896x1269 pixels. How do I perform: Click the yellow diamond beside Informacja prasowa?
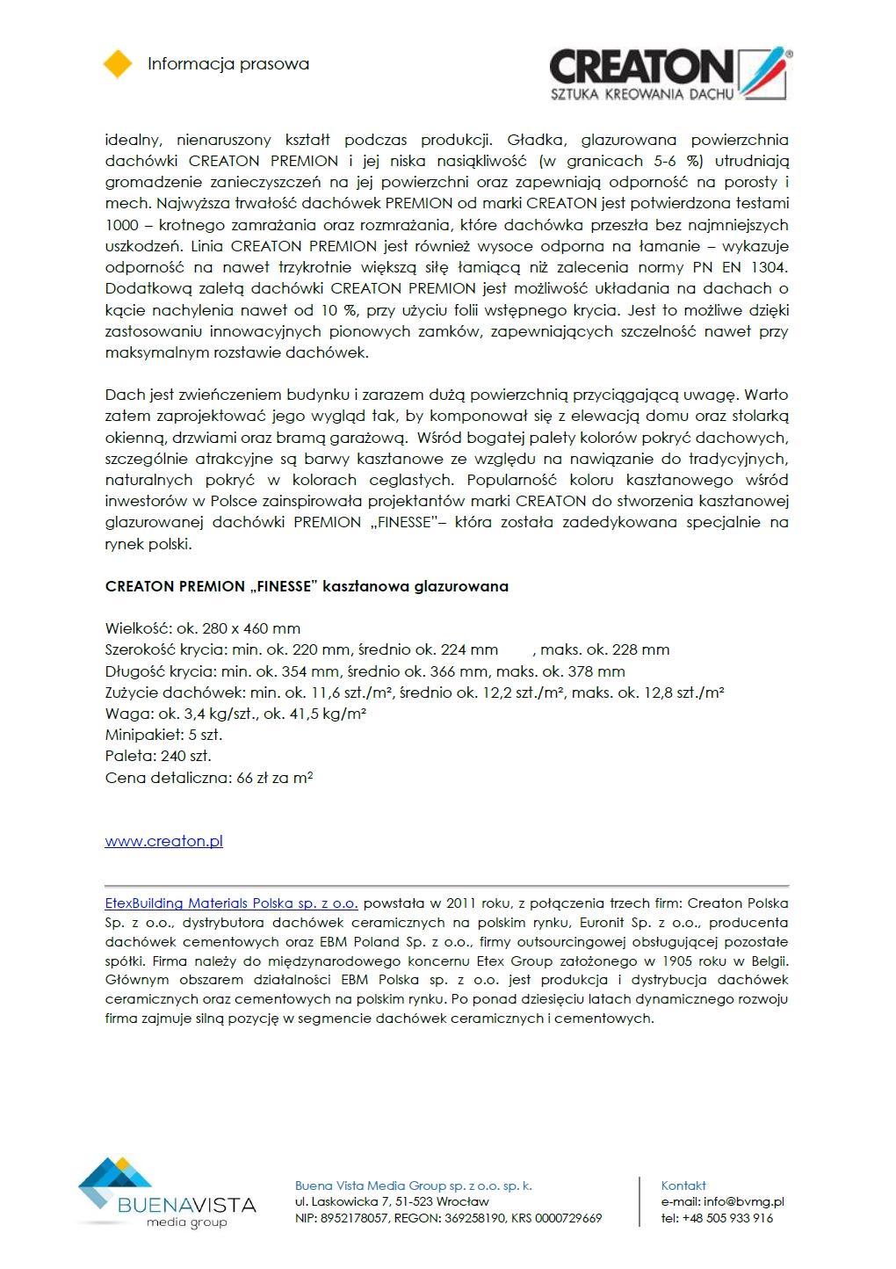click(118, 64)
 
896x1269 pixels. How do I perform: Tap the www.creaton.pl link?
click(163, 841)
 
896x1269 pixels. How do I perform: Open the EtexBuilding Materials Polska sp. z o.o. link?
click(231, 903)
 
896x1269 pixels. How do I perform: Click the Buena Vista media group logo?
click(167, 1193)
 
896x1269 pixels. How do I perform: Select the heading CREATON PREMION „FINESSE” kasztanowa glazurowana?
click(307, 586)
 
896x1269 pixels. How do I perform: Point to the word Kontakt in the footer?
click(683, 1186)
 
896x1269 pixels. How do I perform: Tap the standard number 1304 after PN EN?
click(769, 267)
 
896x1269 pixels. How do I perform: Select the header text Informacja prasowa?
click(228, 64)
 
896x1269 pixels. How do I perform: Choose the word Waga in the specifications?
click(127, 714)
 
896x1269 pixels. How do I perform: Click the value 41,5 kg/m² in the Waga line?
click(328, 714)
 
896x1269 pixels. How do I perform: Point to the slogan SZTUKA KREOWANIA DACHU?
click(641, 94)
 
